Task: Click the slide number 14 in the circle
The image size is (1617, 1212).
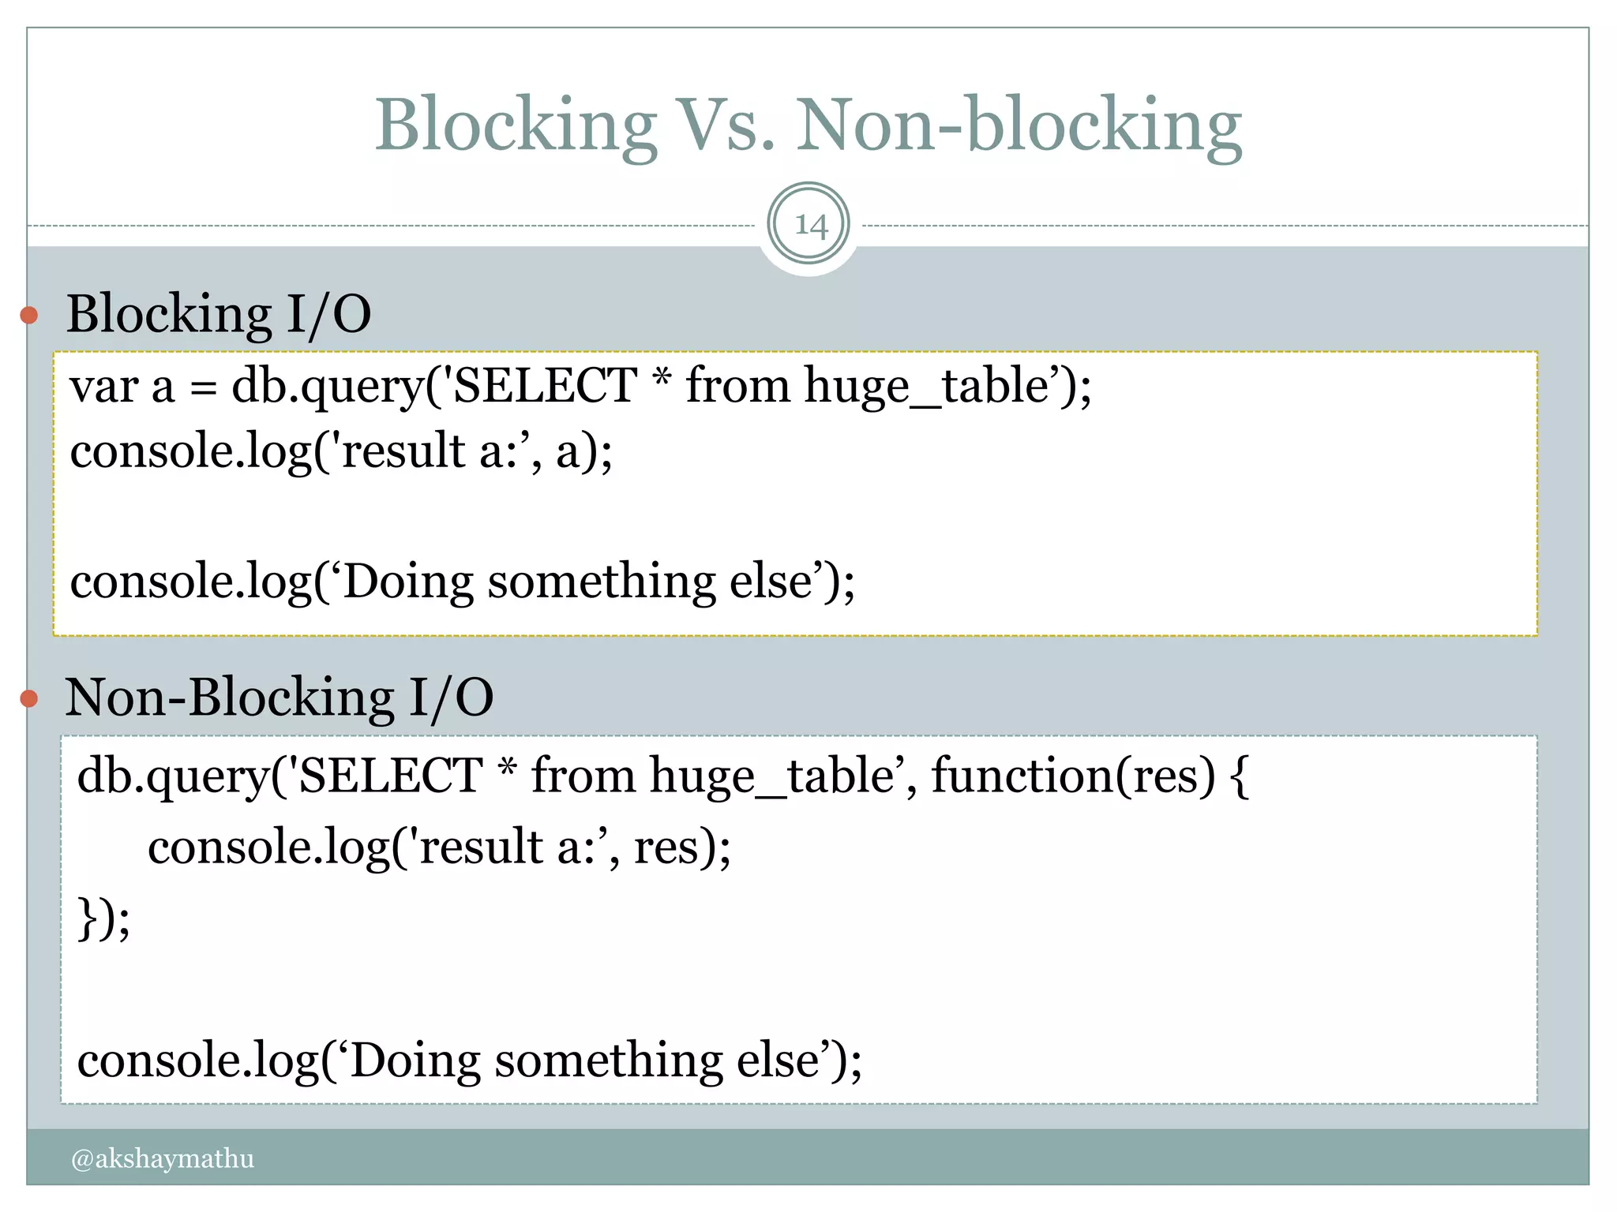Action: pos(809,225)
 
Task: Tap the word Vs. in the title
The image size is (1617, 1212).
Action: pos(725,126)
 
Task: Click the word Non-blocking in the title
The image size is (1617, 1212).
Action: pos(1019,126)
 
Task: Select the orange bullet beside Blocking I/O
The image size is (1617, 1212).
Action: pos(29,316)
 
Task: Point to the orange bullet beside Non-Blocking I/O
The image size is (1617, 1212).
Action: pos(29,698)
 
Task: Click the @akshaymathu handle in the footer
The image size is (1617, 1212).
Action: pos(163,1158)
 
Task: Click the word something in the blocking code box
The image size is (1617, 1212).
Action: pos(602,582)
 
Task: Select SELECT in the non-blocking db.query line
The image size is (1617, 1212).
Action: pos(391,775)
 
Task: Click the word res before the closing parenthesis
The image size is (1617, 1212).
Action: pos(666,847)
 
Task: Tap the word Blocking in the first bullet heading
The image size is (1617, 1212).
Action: pos(169,314)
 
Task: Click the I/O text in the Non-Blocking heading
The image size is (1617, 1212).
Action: pos(451,698)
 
